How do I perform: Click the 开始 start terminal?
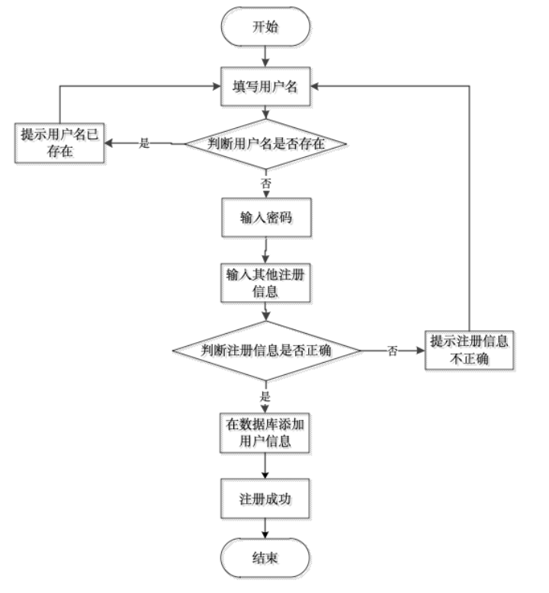coord(266,28)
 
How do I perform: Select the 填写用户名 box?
coord(266,87)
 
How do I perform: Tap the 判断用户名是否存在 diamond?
coord(267,143)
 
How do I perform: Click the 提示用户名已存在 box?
coord(61,144)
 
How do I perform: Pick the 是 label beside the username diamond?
coord(144,143)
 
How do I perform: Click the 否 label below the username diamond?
coord(265,183)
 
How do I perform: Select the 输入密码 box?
coord(266,219)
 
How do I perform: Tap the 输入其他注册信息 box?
coord(266,284)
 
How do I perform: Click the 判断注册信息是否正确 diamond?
coord(266,351)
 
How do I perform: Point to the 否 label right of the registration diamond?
coord(392,351)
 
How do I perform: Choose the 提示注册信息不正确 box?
coord(470,351)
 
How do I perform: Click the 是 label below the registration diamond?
coord(265,396)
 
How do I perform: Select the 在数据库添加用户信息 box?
coord(266,434)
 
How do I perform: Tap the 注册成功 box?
coord(266,500)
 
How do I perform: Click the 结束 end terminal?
coord(266,559)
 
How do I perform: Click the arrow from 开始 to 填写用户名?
coord(266,57)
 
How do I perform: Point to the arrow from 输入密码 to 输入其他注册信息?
coord(266,251)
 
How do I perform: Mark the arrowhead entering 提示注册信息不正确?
coord(420,351)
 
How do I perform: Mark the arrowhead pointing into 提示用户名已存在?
coord(112,143)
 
